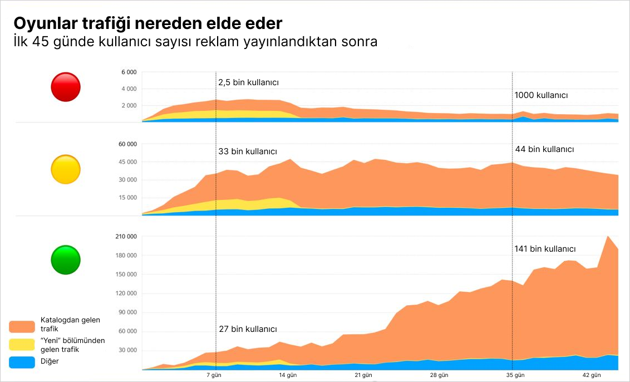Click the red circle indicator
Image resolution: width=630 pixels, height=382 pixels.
pos(66,87)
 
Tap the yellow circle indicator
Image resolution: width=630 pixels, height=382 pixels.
pos(66,169)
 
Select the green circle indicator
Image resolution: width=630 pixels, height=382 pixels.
pos(66,259)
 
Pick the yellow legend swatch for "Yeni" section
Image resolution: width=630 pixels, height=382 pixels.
pos(22,345)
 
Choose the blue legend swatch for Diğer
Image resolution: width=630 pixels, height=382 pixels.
pos(22,361)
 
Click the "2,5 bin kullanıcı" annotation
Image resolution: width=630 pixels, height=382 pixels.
pos(248,82)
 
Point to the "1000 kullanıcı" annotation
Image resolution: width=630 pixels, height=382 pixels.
pos(541,95)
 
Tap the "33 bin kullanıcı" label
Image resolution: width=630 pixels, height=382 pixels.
pos(247,151)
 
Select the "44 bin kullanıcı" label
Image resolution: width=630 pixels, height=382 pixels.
pos(544,149)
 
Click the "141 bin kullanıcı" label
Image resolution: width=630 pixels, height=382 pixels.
pos(545,249)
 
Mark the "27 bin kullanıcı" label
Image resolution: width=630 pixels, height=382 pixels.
pos(247,329)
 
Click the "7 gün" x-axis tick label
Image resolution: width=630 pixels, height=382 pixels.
pos(214,375)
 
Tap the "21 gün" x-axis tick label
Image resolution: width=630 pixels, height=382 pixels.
pos(363,375)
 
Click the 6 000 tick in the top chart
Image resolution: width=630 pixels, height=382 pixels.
pos(129,72)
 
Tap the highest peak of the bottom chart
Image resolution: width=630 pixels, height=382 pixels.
pos(608,236)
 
